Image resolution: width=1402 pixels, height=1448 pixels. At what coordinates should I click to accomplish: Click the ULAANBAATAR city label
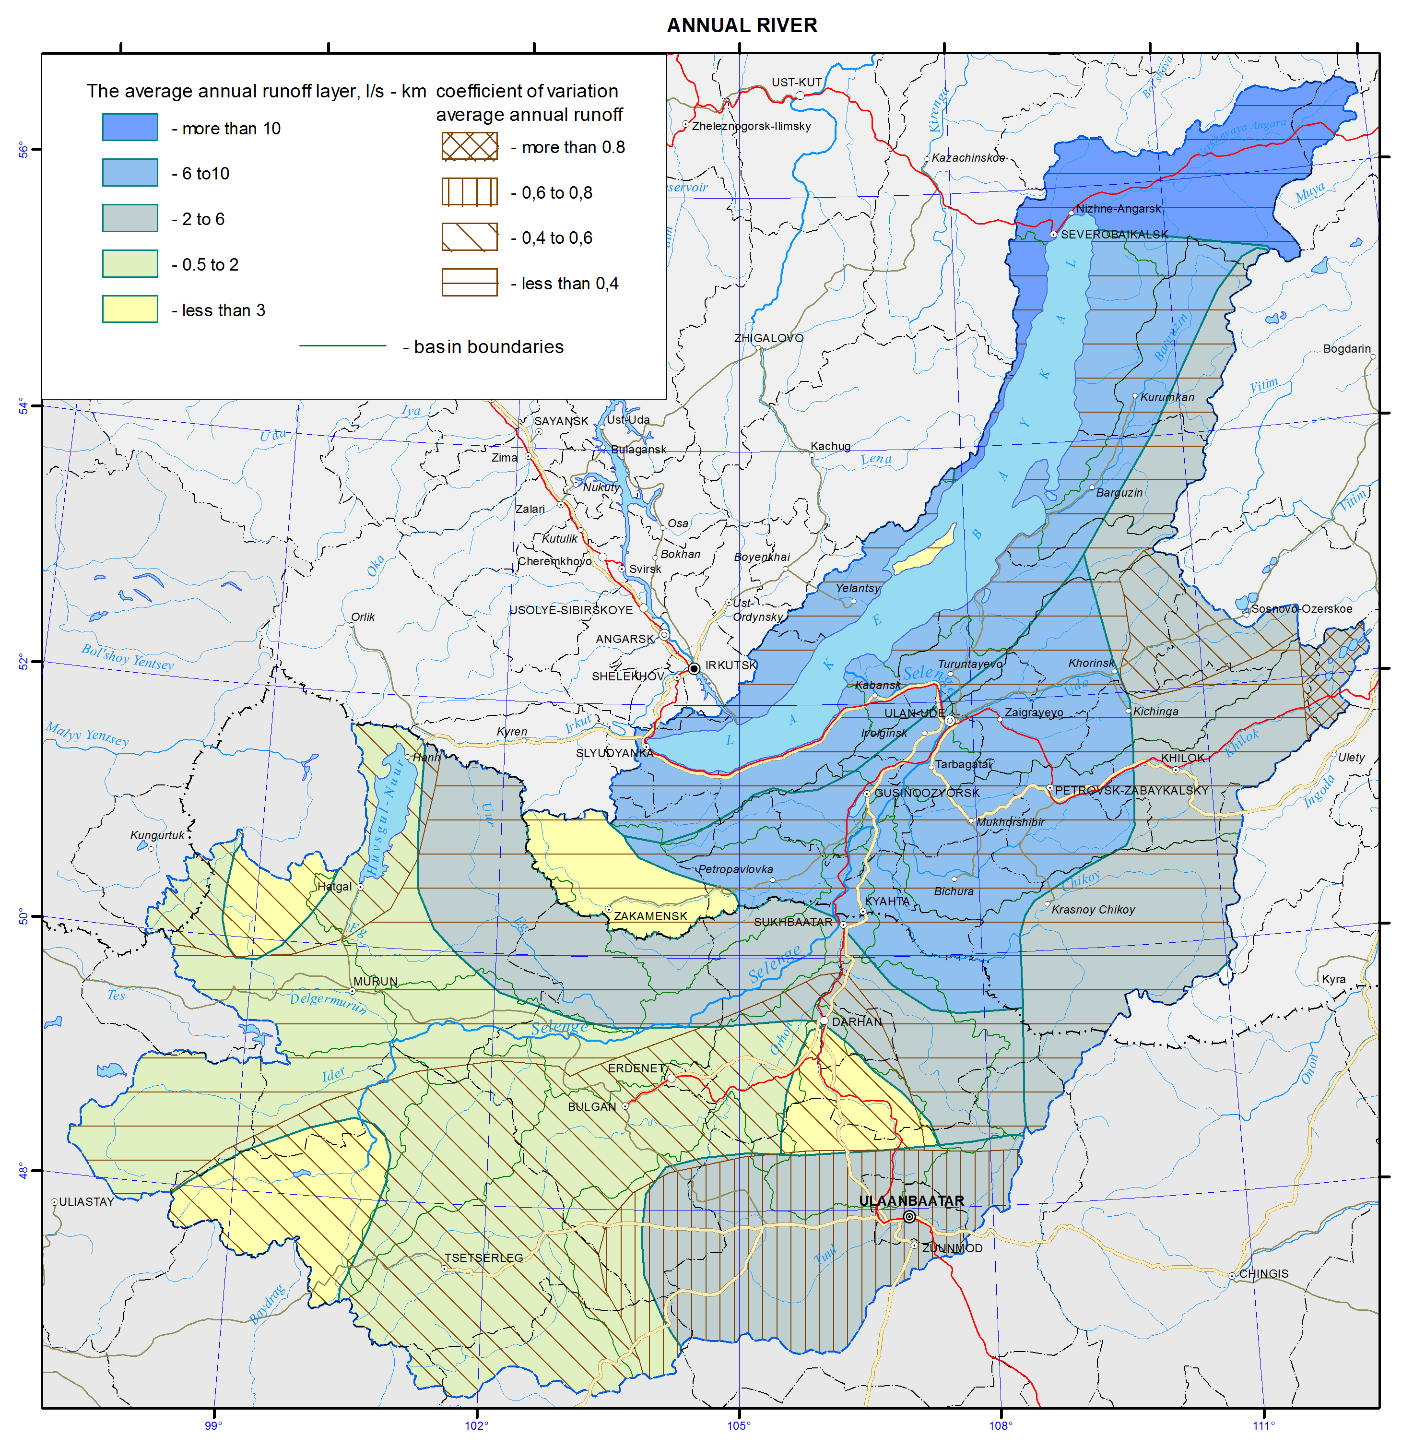click(911, 1200)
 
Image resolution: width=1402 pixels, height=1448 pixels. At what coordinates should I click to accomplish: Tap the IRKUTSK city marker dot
click(694, 669)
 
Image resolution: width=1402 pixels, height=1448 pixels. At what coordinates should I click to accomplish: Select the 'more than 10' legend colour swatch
click(130, 127)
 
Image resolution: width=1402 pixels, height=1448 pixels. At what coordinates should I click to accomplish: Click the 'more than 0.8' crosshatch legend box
click(469, 146)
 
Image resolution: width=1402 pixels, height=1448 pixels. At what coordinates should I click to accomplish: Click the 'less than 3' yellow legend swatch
click(130, 309)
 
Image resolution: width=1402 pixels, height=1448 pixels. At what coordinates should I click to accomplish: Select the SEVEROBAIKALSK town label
click(1114, 234)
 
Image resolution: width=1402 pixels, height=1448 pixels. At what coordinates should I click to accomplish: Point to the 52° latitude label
click(22, 662)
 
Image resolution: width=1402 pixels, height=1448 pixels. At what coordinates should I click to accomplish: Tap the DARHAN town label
click(857, 1022)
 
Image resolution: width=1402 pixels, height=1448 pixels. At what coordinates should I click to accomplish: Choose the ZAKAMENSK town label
click(650, 916)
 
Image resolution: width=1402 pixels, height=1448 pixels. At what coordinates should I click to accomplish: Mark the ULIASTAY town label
click(86, 1202)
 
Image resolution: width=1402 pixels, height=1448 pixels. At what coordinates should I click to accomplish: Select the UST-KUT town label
click(796, 83)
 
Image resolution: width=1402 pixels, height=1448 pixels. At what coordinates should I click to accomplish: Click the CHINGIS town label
click(1263, 1274)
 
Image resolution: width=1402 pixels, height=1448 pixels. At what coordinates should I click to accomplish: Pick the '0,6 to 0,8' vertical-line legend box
click(469, 192)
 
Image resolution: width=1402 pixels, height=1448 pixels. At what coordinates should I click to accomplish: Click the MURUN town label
click(375, 982)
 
